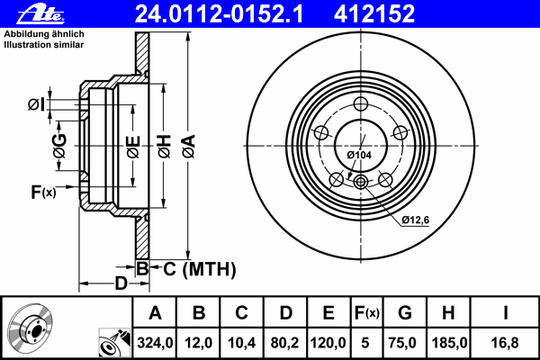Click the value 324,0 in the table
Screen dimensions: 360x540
[155, 342]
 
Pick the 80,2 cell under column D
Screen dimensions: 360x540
[285, 342]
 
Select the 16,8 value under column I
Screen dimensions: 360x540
[507, 342]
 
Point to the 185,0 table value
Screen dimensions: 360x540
[449, 342]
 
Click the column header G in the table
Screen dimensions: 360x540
[405, 313]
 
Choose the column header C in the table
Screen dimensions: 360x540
[241, 313]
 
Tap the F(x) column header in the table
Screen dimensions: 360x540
[366, 313]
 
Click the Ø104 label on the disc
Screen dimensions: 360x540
[360, 155]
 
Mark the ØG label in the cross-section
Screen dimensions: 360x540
[59, 148]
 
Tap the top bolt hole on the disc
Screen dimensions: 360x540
[361, 102]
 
